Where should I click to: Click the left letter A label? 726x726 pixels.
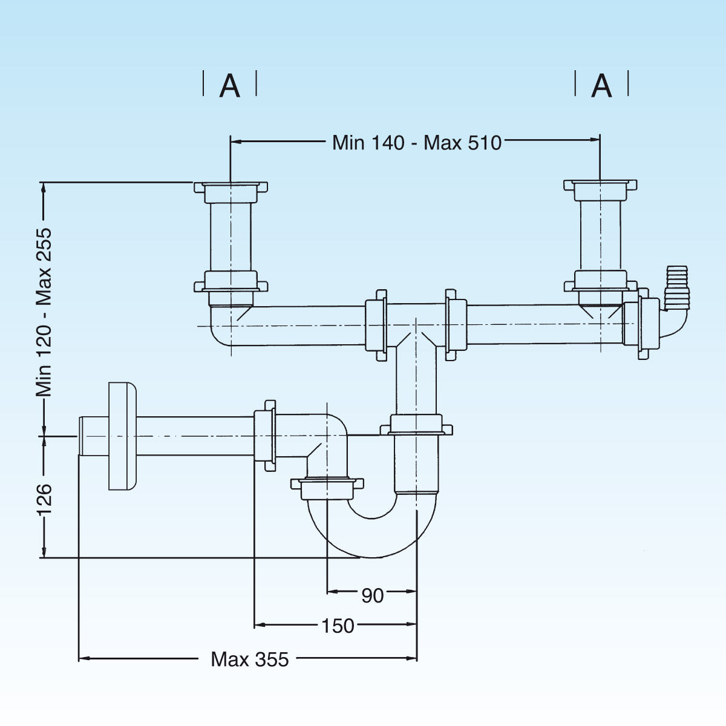pyautogui.click(x=230, y=85)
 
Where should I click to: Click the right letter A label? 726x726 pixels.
pyautogui.click(x=601, y=85)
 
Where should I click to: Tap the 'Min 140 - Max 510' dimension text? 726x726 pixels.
pyautogui.click(x=417, y=143)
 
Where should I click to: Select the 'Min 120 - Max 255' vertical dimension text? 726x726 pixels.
pyautogui.click(x=44, y=312)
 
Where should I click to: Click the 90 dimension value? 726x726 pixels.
pyautogui.click(x=373, y=596)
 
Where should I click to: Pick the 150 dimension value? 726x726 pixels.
pyautogui.click(x=338, y=626)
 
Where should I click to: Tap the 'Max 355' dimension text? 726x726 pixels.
pyautogui.click(x=250, y=659)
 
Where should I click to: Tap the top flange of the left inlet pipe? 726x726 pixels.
pyautogui.click(x=231, y=187)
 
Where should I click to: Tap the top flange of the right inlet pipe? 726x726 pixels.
pyautogui.click(x=600, y=185)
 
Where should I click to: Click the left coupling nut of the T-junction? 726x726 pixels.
pyautogui.click(x=376, y=325)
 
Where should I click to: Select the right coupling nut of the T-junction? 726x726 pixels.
pyautogui.click(x=456, y=325)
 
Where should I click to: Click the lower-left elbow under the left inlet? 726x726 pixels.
pyautogui.click(x=224, y=327)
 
